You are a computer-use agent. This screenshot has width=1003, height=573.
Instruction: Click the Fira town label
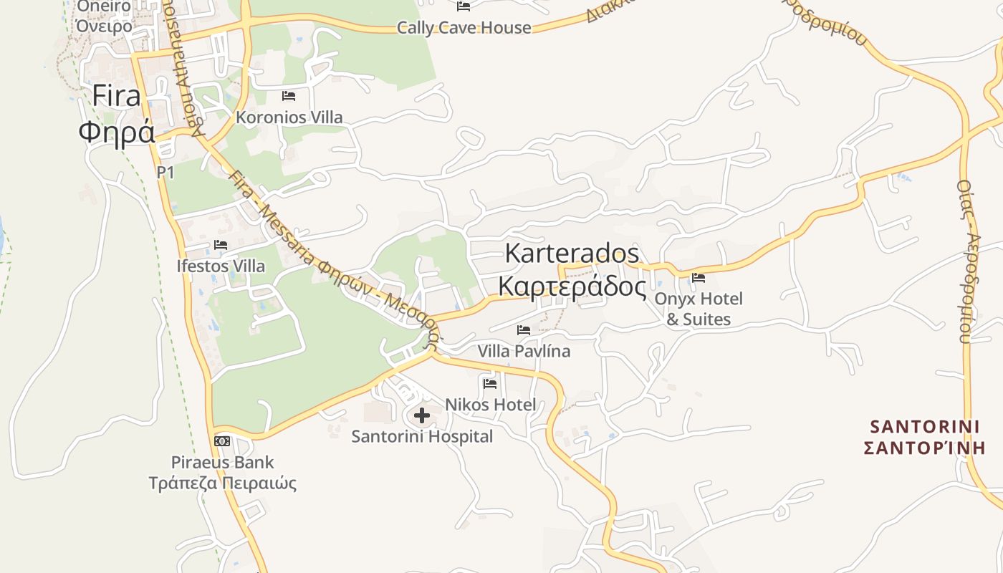coord(116,114)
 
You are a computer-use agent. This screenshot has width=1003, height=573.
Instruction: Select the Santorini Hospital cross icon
coord(422,415)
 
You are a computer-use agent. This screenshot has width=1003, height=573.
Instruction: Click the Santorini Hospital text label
coord(422,436)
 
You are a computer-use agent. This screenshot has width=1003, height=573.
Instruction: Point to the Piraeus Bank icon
coord(222,440)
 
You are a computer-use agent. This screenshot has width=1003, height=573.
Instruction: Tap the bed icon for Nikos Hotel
coord(490,384)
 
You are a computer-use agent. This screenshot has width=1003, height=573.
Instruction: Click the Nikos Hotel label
coord(490,405)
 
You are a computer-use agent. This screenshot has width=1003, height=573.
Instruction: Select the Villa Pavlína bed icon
coord(524,330)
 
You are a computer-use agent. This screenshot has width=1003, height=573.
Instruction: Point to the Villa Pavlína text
coord(524,351)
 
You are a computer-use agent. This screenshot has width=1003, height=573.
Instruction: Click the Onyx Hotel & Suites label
coord(699,309)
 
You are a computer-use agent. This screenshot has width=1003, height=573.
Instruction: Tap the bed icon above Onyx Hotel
coord(699,278)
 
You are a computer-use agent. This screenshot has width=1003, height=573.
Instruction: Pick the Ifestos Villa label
coord(221,266)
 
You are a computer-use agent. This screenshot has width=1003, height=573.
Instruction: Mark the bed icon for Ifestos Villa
coord(221,245)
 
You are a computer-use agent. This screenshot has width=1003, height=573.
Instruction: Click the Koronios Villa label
coord(289,117)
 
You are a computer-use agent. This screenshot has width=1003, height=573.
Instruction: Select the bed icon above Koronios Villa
coord(289,95)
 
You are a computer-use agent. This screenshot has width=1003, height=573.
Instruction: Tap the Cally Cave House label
coord(464,28)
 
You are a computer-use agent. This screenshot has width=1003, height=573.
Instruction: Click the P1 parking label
coord(165,172)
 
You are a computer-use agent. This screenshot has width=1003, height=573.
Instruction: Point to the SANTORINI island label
coord(924,437)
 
